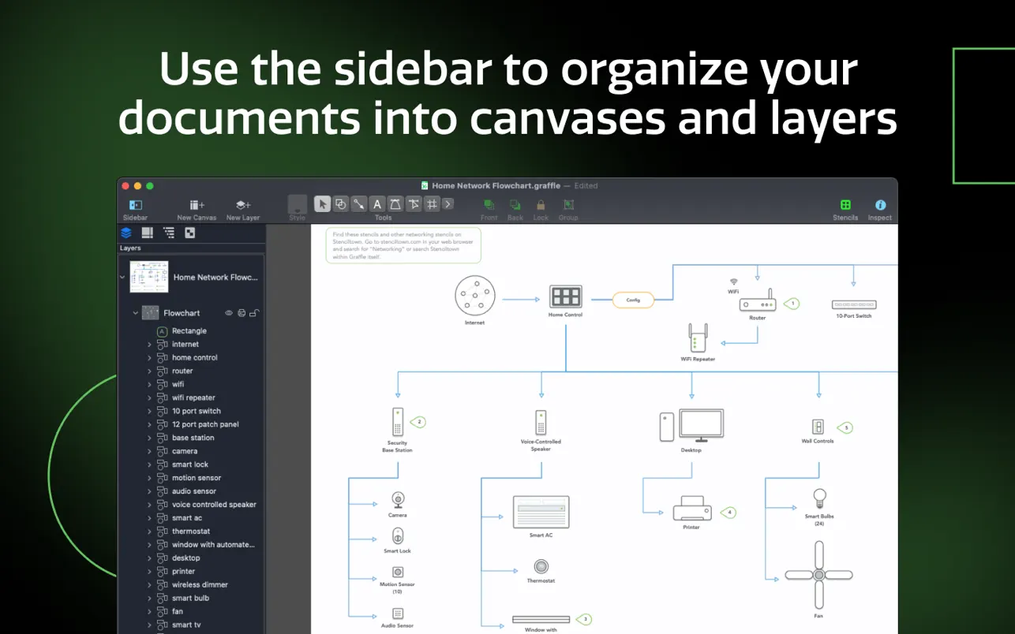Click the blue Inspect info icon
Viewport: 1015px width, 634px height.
click(880, 205)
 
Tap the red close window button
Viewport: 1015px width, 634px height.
click(125, 186)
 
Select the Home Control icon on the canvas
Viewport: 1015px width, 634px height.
click(565, 296)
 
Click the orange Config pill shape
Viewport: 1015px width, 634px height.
click(633, 300)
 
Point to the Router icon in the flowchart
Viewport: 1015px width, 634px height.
click(758, 302)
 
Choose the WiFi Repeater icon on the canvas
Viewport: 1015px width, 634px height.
click(697, 338)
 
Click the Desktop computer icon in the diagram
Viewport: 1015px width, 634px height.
click(691, 426)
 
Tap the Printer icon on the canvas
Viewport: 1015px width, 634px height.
click(691, 509)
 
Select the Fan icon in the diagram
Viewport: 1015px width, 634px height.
click(818, 574)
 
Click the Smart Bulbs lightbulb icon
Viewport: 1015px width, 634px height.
click(819, 499)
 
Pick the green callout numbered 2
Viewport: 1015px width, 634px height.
click(419, 422)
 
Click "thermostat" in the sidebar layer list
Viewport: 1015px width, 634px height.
click(191, 531)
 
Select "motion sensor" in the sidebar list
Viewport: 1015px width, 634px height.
click(197, 478)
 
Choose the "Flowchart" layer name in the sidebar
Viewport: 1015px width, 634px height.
click(182, 313)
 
